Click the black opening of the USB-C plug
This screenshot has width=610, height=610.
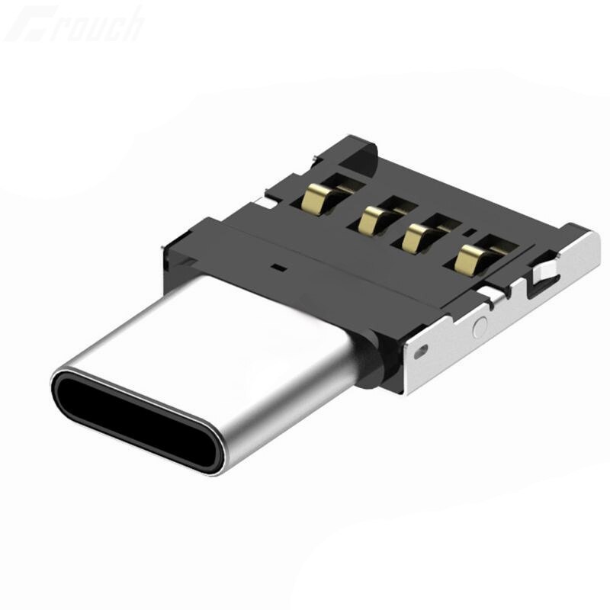click(137, 419)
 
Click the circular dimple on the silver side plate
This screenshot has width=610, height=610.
click(480, 328)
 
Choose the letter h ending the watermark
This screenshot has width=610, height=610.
click(131, 23)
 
